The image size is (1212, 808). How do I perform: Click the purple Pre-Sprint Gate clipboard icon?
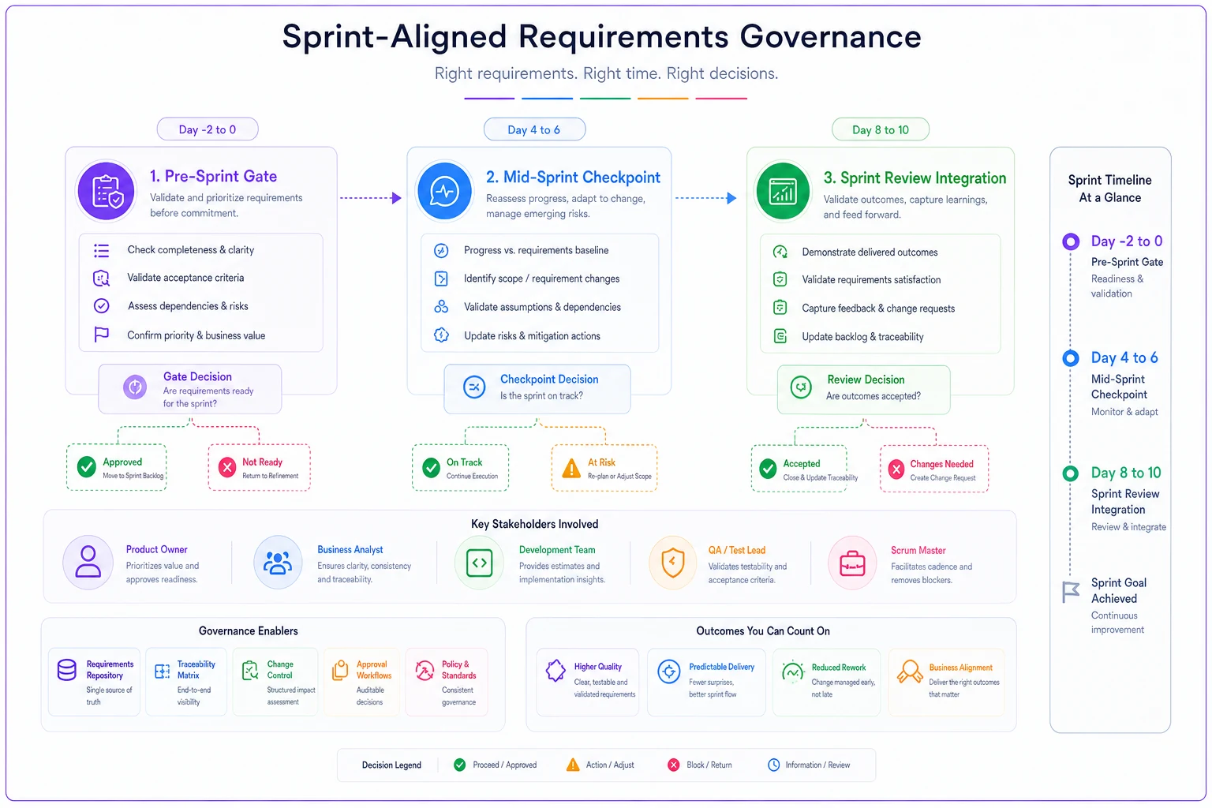click(x=106, y=191)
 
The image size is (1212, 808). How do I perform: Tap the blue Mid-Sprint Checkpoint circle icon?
click(x=444, y=191)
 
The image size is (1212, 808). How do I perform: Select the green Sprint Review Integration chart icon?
click(x=783, y=192)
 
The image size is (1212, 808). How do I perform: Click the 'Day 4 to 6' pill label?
click(x=534, y=130)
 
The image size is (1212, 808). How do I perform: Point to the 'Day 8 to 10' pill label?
click(x=881, y=130)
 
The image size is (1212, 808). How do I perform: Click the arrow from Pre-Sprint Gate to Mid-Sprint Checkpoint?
click(x=371, y=198)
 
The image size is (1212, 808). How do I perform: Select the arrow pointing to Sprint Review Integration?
click(x=706, y=198)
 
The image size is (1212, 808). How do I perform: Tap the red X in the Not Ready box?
click(x=227, y=467)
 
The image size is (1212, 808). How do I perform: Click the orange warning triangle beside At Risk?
click(x=570, y=468)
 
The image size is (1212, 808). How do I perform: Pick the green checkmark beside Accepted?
click(x=768, y=469)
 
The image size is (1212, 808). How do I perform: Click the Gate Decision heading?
click(x=197, y=376)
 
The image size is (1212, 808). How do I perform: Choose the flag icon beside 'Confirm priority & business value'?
click(x=101, y=335)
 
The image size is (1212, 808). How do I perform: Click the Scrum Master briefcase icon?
click(x=852, y=563)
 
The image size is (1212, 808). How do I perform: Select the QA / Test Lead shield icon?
click(x=672, y=563)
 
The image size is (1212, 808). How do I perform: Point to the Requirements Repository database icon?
click(x=66, y=669)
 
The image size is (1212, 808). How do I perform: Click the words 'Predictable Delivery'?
click(x=721, y=667)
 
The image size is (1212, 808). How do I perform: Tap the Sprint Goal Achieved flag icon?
click(x=1070, y=592)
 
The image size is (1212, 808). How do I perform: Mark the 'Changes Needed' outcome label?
click(x=941, y=464)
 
